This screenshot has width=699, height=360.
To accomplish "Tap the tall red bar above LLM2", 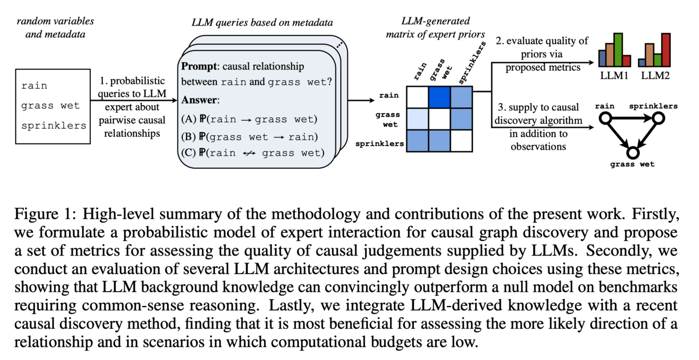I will pos(665,49).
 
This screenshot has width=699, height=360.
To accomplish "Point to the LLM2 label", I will pos(655,76).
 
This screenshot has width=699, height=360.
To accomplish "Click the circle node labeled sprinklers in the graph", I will pos(658,117).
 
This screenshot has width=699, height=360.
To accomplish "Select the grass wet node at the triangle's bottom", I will pos(632,152).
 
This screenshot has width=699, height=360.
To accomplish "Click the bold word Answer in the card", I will pos(198,101).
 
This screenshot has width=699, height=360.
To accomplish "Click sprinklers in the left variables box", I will pos(54,126).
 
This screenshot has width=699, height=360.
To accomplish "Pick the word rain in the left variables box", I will pos(34,86).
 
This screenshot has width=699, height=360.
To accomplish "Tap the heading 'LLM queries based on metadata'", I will pos(262,23).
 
